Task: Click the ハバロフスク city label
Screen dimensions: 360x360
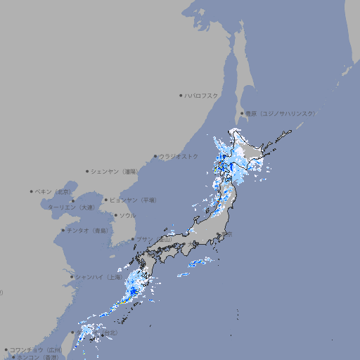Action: [202, 95]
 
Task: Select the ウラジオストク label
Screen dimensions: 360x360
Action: [179, 156]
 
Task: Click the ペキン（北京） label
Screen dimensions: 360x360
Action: [53, 191]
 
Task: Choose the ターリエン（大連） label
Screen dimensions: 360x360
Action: [71, 207]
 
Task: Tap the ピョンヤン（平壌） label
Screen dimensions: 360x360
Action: [133, 200]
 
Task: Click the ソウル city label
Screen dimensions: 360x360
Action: [127, 215]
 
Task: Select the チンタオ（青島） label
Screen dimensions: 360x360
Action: [87, 230]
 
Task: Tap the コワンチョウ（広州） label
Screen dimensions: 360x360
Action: [36, 349]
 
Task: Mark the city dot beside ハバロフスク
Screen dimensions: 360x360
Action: [181, 95]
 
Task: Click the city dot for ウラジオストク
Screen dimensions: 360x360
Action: [155, 156]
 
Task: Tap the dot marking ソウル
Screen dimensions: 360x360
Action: [115, 215]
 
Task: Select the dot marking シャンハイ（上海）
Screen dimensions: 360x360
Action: [72, 277]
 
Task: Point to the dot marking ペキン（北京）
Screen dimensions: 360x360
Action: [32, 191]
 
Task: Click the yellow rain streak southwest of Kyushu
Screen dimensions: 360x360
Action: [124, 301]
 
